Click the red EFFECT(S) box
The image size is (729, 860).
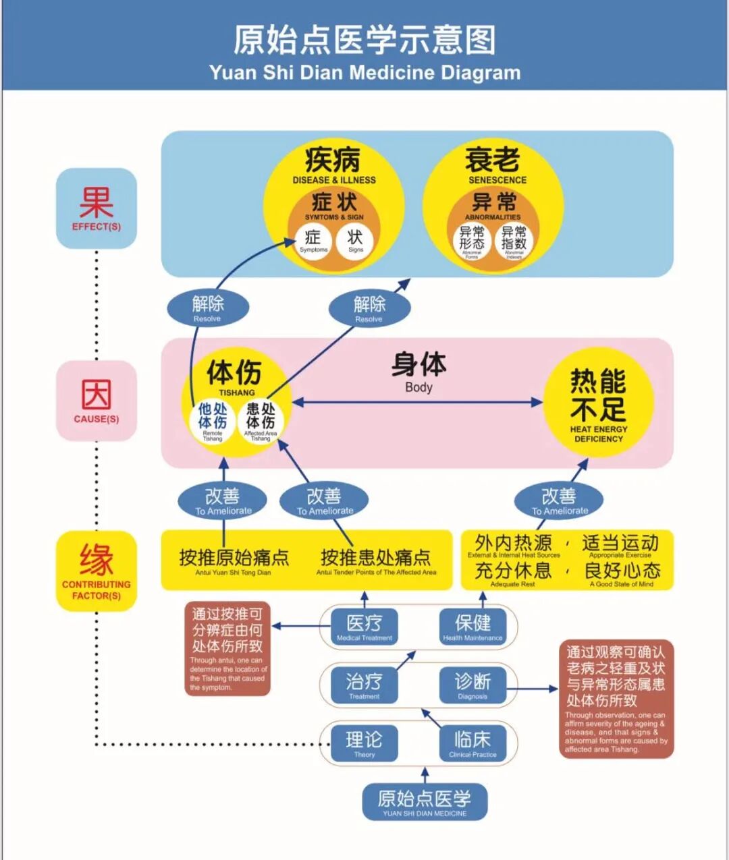click(97, 208)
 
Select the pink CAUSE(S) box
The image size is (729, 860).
click(97, 401)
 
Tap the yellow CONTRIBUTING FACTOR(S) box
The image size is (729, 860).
click(97, 571)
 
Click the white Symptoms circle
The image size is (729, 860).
click(313, 241)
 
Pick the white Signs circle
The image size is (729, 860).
click(355, 241)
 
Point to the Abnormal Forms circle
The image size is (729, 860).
click(472, 241)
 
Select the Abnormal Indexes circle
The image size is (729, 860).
click(514, 241)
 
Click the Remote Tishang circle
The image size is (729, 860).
click(213, 422)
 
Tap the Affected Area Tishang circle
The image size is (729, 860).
click(261, 422)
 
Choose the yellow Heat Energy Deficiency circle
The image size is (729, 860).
click(598, 403)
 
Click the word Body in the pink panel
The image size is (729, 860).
click(418, 387)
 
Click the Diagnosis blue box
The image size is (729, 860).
click(473, 685)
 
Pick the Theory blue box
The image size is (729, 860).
click(364, 743)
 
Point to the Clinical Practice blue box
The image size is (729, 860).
click(473, 743)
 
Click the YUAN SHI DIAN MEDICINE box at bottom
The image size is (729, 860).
click(425, 802)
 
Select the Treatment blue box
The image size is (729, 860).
click(364, 685)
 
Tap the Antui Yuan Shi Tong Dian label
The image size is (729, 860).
click(234, 573)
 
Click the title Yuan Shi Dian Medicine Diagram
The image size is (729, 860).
click(364, 72)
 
